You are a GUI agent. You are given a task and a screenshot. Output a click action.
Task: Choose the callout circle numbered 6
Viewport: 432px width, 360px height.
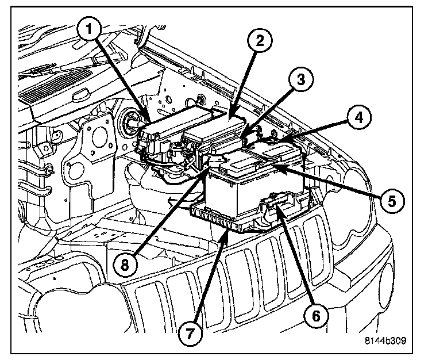315,313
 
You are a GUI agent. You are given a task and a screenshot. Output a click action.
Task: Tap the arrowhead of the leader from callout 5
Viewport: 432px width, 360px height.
273,165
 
